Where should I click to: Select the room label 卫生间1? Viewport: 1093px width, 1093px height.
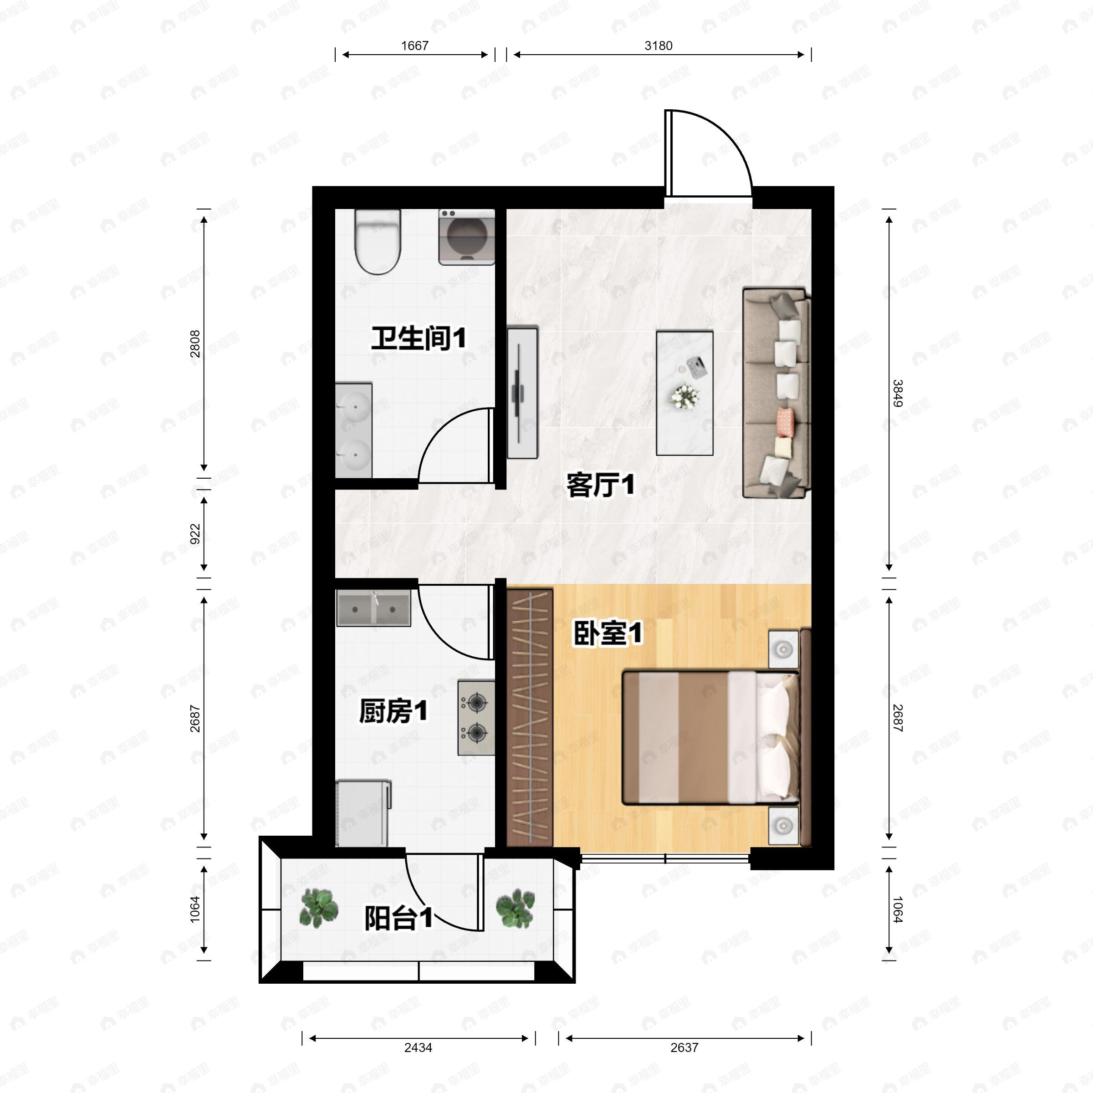coord(419,338)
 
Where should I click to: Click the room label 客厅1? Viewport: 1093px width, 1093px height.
coord(600,485)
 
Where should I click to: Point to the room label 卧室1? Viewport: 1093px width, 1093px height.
coord(608,633)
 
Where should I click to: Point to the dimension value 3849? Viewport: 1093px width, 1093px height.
coord(897,393)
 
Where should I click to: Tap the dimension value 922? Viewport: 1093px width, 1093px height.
coord(195,534)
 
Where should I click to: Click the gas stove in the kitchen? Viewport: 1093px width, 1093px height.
coord(476,718)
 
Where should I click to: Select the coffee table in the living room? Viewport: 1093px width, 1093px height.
coord(684,393)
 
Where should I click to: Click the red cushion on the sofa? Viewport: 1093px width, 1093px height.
coord(785,421)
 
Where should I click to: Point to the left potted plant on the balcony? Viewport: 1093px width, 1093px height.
coord(319,909)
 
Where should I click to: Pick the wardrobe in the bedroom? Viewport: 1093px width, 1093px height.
coord(530,717)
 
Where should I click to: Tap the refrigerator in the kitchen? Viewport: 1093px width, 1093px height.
coord(363,813)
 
